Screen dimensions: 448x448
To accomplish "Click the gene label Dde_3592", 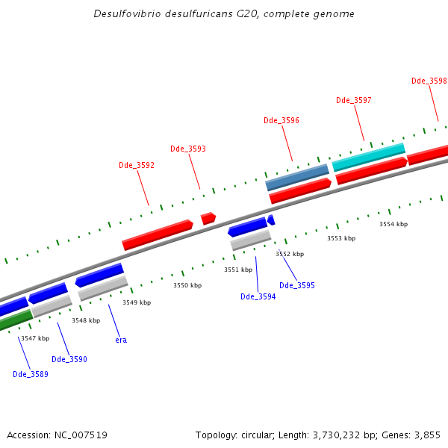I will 137,165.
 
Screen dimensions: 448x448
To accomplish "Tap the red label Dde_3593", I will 188,149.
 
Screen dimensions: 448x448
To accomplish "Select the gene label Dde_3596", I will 281,120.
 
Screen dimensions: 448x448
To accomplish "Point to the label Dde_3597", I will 354,100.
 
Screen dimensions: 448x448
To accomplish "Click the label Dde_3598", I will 429,81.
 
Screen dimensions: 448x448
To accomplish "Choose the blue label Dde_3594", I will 258,296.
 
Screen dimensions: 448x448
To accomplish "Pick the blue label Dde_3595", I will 297,285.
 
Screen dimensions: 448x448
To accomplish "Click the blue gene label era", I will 121,340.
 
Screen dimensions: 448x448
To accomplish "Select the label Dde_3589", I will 31,374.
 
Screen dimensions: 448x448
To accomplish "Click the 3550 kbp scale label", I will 187,285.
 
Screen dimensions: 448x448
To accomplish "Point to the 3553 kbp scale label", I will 341,238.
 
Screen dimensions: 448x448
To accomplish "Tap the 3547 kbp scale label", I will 35,338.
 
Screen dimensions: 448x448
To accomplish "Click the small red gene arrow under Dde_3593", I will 208,218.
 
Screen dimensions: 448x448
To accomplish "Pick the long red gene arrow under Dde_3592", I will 158,233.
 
